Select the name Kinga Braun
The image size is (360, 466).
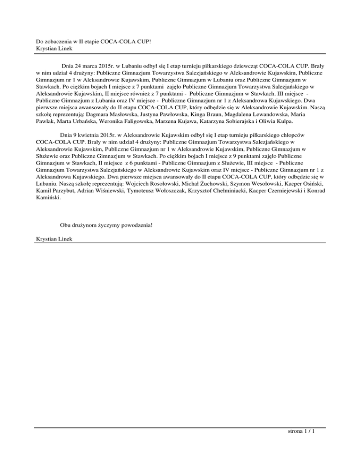[211, 114]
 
